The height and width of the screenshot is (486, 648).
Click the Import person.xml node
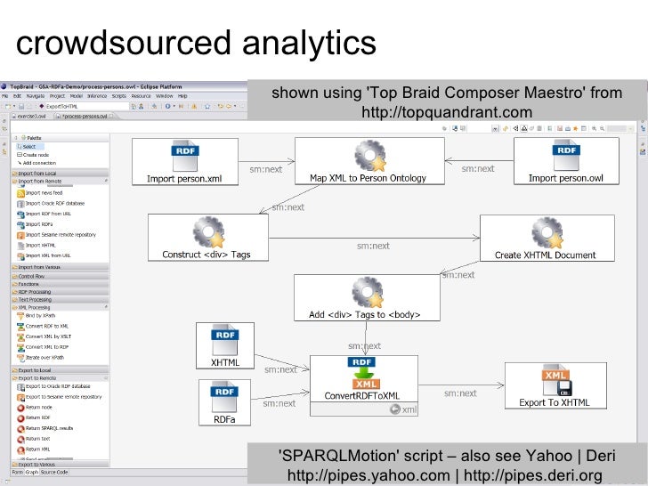click(x=184, y=162)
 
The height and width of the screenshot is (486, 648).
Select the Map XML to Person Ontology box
click(x=367, y=162)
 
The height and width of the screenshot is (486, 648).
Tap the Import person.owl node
click(x=565, y=162)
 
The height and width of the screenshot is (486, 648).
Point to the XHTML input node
click(x=224, y=346)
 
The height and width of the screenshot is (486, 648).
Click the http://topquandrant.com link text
click(x=447, y=113)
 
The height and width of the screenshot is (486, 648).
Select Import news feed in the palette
click(x=45, y=192)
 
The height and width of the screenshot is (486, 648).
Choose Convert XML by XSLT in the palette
click(x=49, y=336)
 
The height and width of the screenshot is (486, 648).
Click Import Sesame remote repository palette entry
click(x=61, y=234)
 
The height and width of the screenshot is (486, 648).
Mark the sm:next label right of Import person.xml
click(x=266, y=169)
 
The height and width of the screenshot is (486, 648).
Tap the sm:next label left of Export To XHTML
click(x=460, y=393)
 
